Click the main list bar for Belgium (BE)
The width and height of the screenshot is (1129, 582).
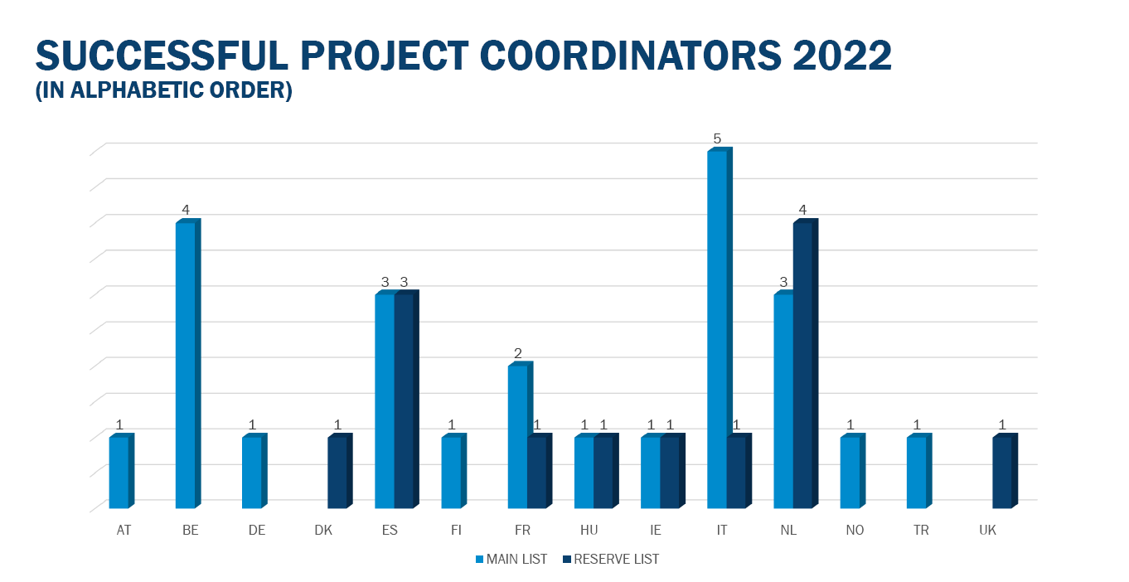pyautogui.click(x=188, y=363)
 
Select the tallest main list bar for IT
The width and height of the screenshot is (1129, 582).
pyautogui.click(x=720, y=327)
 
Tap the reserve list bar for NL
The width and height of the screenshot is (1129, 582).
pyautogui.click(x=806, y=363)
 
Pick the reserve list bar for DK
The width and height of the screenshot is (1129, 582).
pyautogui.click(x=340, y=471)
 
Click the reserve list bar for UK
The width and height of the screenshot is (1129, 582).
pyautogui.click(x=1005, y=471)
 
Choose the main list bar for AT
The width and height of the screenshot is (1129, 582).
pyautogui.click(x=122, y=471)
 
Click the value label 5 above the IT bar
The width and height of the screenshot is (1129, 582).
pyautogui.click(x=717, y=138)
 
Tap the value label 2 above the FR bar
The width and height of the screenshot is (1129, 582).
pyautogui.click(x=517, y=352)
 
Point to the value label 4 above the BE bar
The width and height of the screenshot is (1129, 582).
pyautogui.click(x=186, y=210)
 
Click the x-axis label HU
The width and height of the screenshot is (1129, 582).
pyautogui.click(x=589, y=530)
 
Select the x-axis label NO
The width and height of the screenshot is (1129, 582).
pyautogui.click(x=855, y=530)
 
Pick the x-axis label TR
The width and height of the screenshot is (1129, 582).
pyautogui.click(x=921, y=530)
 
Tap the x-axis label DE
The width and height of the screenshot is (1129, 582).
pyautogui.click(x=256, y=530)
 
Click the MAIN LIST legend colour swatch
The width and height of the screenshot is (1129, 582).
pyautogui.click(x=479, y=560)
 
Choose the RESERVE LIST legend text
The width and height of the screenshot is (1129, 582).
pyautogui.click(x=616, y=560)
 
